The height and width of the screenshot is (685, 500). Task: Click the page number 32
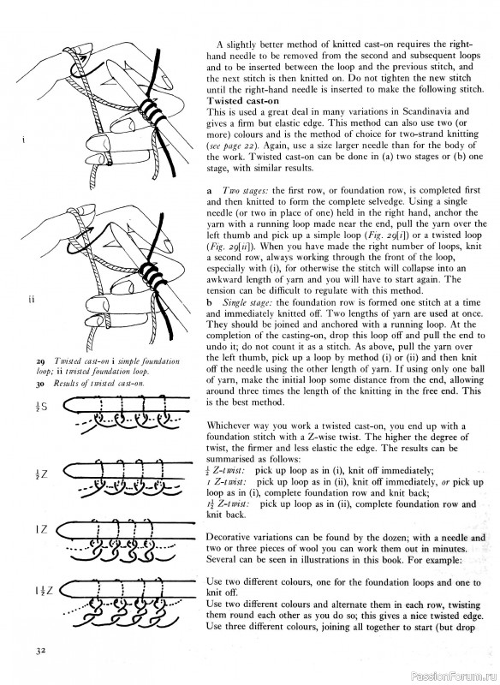(39, 652)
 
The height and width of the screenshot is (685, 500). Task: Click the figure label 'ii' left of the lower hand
(28, 300)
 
